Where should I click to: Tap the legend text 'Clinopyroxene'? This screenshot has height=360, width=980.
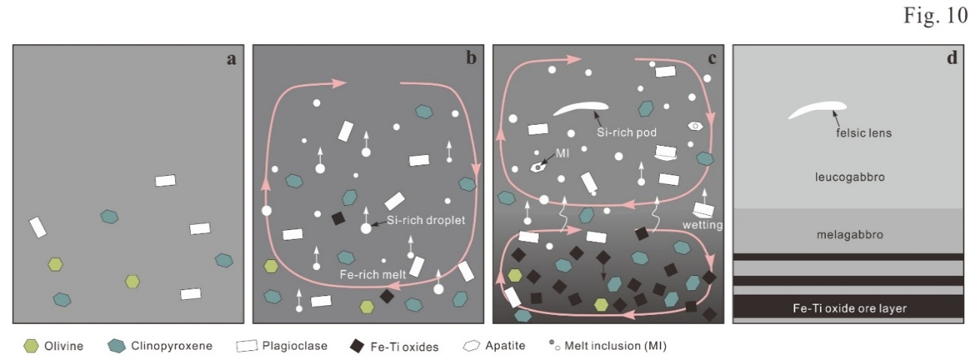pos(172,346)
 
